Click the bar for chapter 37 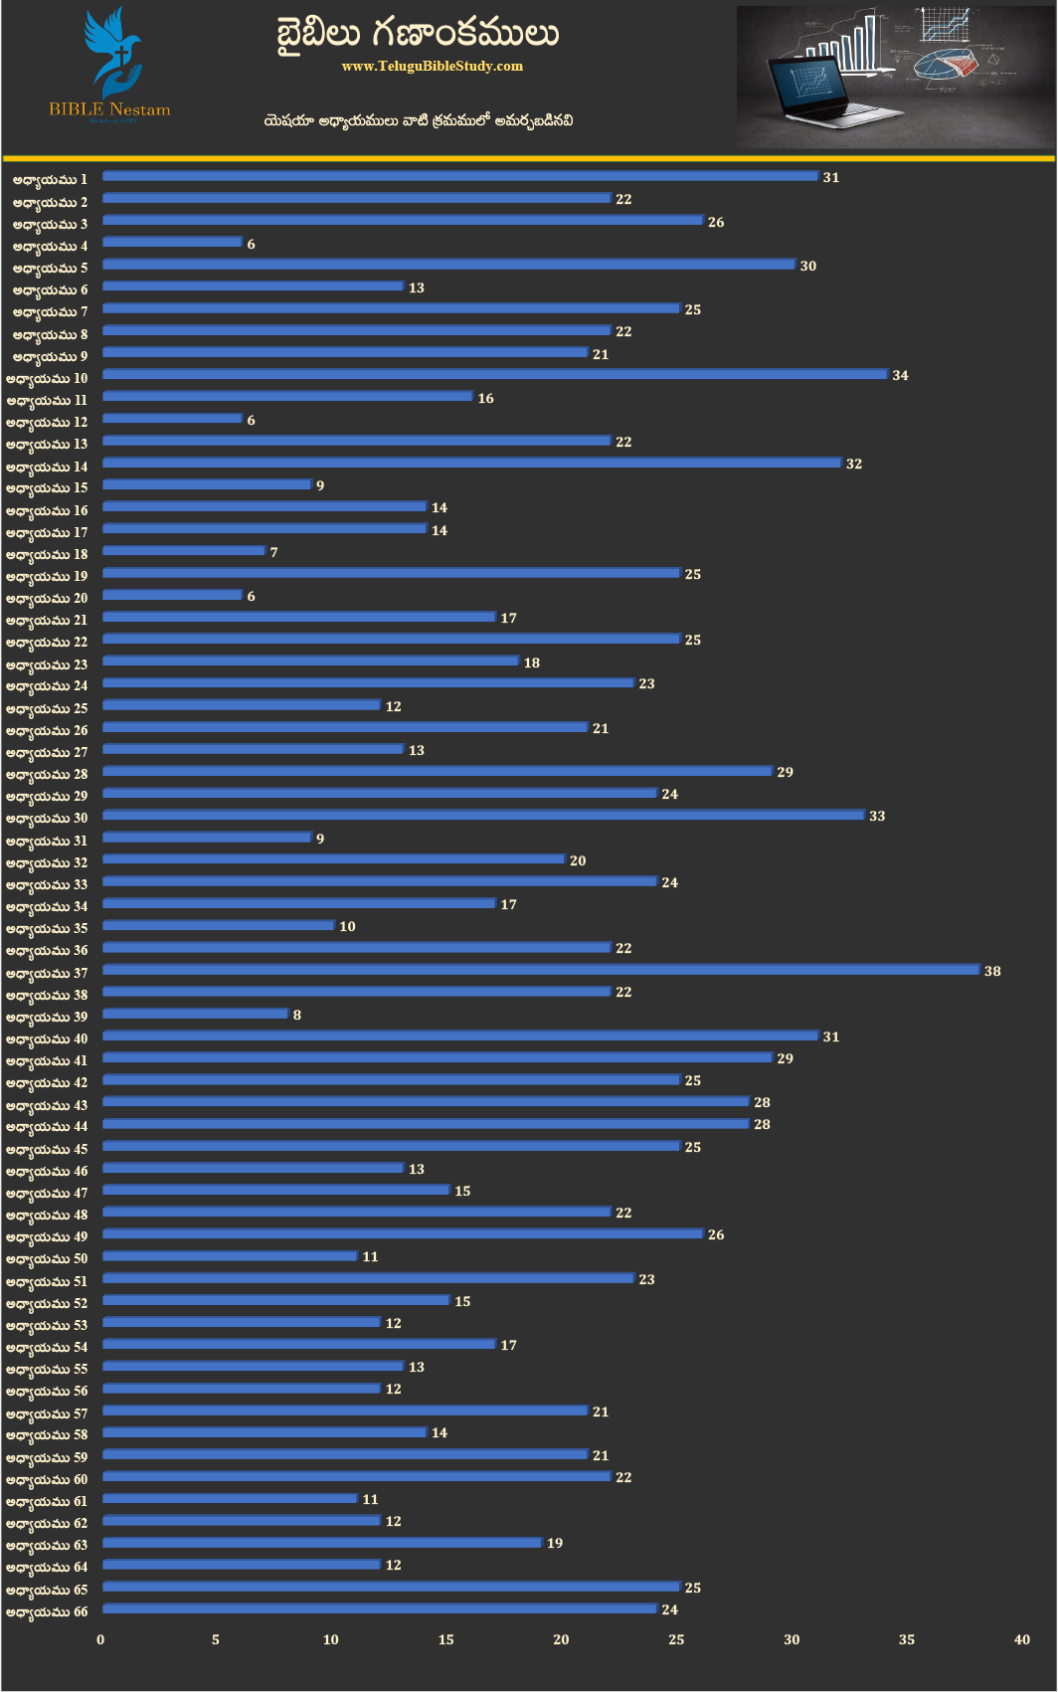[541, 970]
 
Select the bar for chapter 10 [494, 374]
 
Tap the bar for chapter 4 [172, 242]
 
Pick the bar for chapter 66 [379, 1608]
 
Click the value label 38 [992, 971]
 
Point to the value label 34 [900, 375]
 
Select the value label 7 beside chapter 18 [273, 552]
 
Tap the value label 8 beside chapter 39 [296, 1015]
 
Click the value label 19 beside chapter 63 [555, 1543]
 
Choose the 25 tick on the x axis [676, 1639]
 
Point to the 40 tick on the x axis [1021, 1639]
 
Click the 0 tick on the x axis [100, 1639]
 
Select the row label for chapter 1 [50, 179]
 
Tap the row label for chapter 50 [47, 1258]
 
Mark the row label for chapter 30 [47, 818]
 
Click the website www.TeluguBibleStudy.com [432, 66]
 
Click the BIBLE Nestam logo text [109, 109]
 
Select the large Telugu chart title [418, 34]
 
